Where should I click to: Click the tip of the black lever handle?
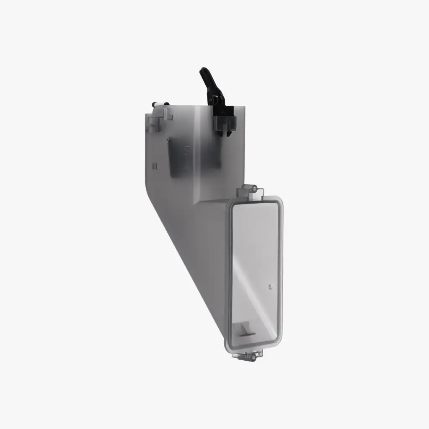coord(203,70)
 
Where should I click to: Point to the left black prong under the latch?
coord(220,133)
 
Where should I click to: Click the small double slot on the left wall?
coord(154,166)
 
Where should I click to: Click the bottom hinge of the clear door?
coord(249,356)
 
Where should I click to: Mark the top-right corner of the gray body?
coord(244,106)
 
